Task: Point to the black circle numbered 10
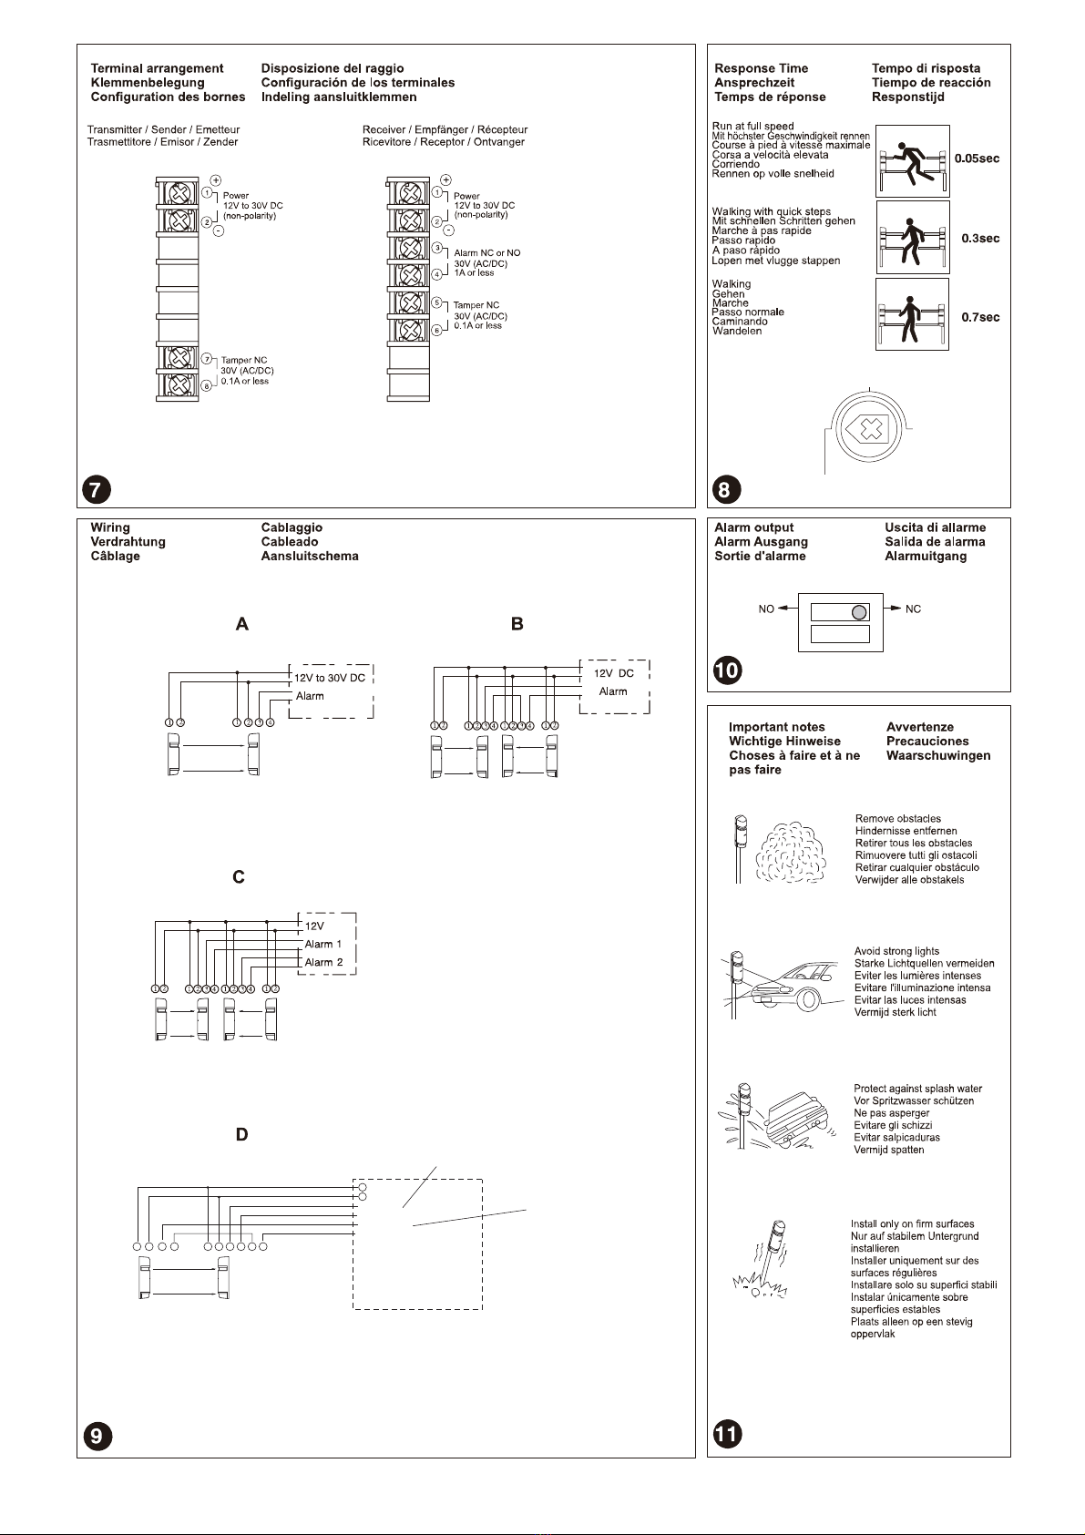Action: [727, 670]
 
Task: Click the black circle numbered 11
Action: [727, 1434]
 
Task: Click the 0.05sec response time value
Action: [977, 159]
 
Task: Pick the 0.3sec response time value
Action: [980, 238]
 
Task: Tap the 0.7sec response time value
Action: [980, 317]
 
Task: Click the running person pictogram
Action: [912, 161]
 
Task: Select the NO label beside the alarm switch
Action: [766, 609]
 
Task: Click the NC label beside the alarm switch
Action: [913, 609]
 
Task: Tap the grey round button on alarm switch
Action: [858, 612]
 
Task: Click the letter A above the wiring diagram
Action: [241, 624]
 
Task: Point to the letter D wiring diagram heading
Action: [241, 1135]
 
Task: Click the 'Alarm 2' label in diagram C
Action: [323, 962]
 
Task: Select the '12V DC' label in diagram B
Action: [613, 673]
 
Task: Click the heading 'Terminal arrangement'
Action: [157, 68]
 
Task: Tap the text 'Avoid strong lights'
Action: [896, 951]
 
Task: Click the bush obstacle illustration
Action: [792, 853]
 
